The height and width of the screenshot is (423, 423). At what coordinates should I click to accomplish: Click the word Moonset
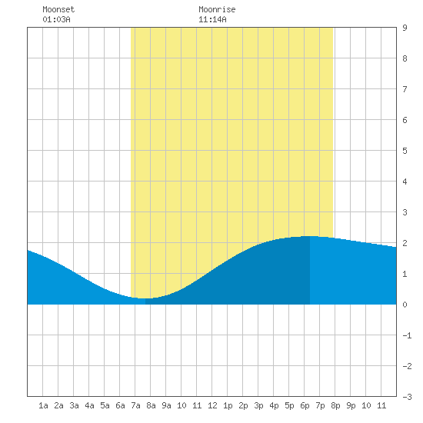58,9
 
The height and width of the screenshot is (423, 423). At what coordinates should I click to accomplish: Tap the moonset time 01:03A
56,19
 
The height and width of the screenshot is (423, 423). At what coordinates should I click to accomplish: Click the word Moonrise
217,9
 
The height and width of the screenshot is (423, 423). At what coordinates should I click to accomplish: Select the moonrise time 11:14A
212,19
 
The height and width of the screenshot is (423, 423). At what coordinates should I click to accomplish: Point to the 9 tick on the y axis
405,28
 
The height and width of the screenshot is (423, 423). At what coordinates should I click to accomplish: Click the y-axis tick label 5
405,151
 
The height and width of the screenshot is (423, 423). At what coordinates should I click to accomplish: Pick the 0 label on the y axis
405,305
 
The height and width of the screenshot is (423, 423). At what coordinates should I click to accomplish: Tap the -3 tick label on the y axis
407,397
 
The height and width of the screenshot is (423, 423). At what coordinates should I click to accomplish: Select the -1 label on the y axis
407,335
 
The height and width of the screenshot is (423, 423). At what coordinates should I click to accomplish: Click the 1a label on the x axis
43,405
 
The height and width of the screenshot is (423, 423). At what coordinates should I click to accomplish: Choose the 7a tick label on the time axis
135,405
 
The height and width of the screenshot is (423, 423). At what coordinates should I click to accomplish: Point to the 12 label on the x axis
212,405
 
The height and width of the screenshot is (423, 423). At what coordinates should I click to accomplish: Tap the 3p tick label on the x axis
258,405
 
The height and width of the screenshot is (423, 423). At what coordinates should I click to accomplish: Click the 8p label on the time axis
335,405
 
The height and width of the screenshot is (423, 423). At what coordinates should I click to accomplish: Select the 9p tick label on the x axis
351,405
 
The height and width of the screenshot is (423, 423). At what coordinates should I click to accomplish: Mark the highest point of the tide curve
310,236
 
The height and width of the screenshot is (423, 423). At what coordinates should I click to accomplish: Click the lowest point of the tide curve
145,298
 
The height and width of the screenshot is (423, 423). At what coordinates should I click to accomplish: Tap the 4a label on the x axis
89,405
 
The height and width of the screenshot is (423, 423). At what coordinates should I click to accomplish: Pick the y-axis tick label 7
405,89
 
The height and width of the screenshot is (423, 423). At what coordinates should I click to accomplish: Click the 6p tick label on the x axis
305,405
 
